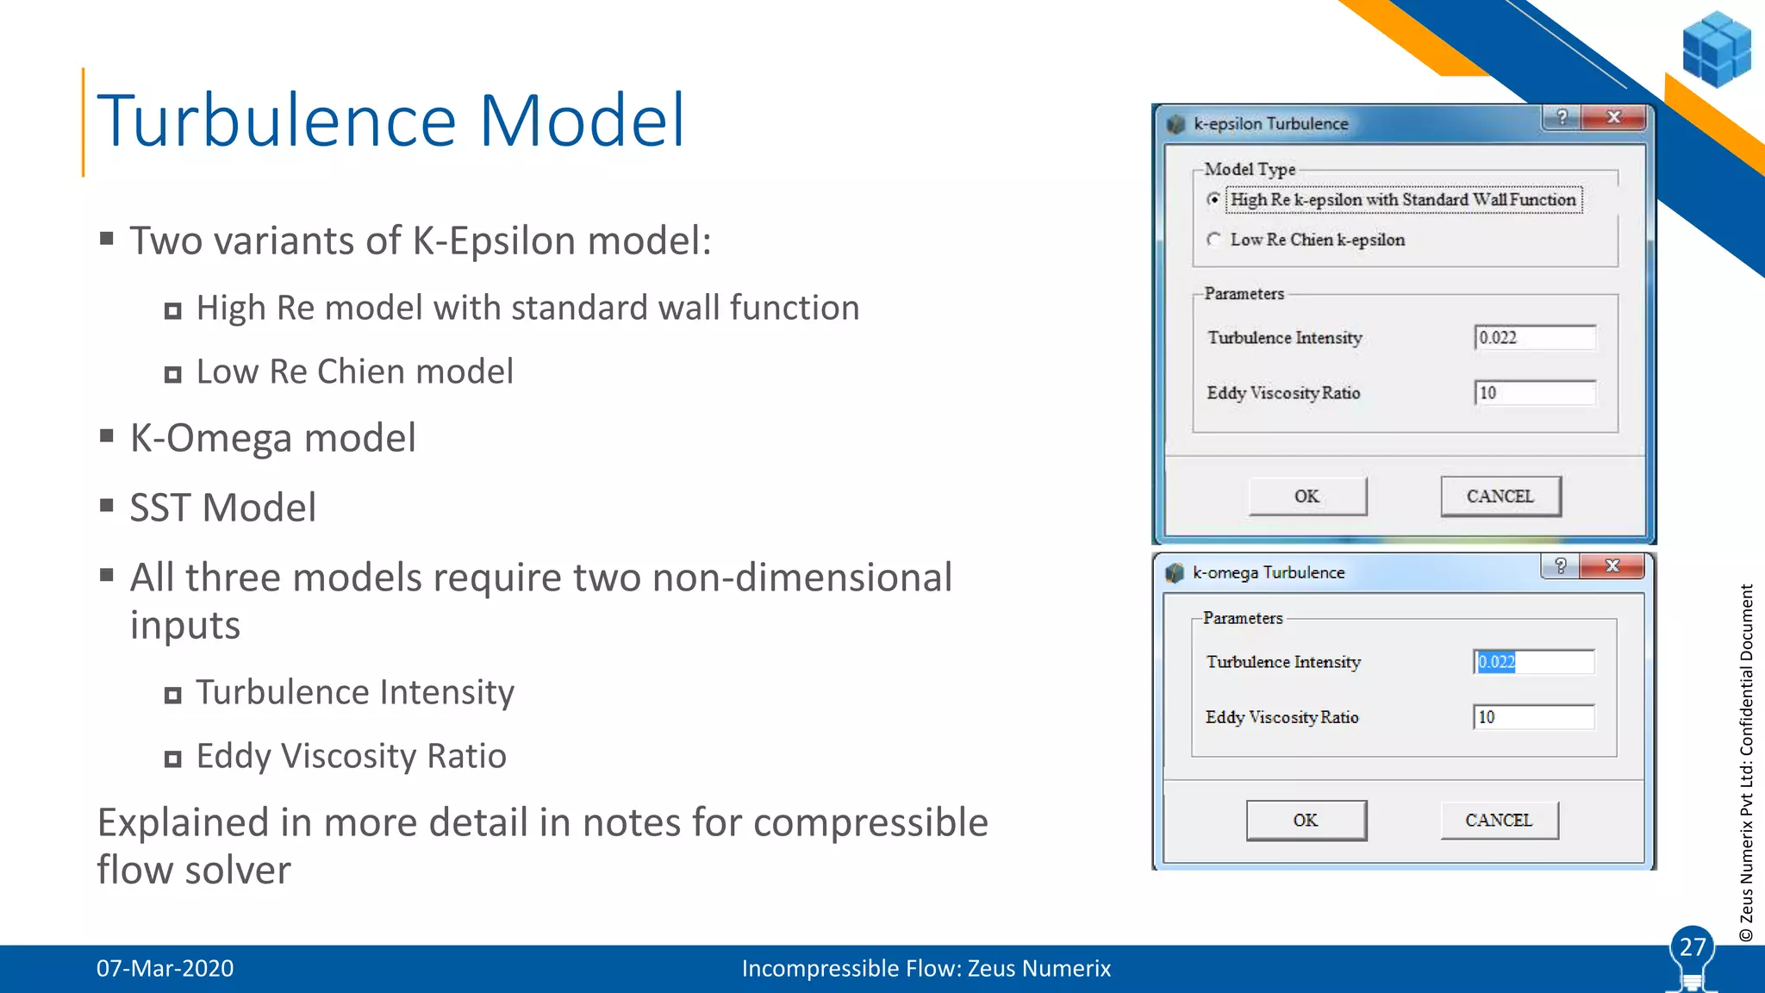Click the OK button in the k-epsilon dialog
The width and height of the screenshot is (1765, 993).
click(1307, 496)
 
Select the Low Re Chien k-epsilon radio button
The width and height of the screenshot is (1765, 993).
click(1214, 240)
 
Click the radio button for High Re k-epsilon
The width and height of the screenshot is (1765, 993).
click(1214, 199)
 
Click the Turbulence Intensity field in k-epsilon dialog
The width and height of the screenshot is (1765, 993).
click(1535, 338)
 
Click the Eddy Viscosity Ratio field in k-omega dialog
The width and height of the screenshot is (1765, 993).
click(1533, 717)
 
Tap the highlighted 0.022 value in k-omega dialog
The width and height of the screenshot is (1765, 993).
click(1496, 662)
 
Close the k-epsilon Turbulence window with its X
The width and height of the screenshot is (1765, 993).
click(1614, 117)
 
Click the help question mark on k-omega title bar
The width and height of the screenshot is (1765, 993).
click(1561, 565)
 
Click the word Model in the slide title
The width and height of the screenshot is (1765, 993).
click(582, 121)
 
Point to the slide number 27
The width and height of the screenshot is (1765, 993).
click(1693, 947)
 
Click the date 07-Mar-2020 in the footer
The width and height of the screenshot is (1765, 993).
click(165, 969)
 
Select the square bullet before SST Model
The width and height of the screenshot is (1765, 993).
click(107, 505)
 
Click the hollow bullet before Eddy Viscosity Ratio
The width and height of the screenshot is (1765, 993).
click(173, 759)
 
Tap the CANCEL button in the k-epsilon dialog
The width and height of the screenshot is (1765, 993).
click(1500, 496)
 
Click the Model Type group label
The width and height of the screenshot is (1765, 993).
click(1250, 170)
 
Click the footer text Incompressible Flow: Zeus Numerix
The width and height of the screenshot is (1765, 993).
click(926, 969)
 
